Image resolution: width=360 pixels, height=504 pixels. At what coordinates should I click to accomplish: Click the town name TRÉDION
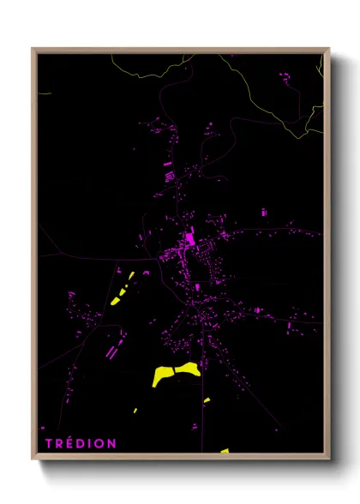click(x=82, y=443)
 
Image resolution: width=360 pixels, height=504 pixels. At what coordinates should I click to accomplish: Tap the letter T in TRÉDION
click(x=51, y=443)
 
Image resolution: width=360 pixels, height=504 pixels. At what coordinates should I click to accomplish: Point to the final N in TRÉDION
click(x=112, y=443)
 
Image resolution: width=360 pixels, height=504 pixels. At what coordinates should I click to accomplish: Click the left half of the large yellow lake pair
click(x=161, y=376)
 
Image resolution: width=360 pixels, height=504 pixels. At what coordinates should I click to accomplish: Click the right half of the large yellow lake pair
click(x=188, y=369)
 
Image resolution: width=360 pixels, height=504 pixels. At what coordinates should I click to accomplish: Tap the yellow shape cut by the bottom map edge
click(x=224, y=450)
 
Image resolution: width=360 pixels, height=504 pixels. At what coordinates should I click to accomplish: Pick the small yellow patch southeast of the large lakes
click(x=207, y=399)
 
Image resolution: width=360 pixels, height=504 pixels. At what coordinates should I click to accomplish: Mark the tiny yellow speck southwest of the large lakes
click(x=135, y=411)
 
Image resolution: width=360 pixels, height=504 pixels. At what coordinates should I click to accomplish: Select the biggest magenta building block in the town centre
click(x=189, y=237)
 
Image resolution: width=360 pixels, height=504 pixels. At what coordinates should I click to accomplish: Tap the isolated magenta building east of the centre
click(x=264, y=212)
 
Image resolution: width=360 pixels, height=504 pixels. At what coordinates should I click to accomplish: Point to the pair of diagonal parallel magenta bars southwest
click(x=110, y=350)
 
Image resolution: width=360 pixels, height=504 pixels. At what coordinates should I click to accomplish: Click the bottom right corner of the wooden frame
click(x=328, y=459)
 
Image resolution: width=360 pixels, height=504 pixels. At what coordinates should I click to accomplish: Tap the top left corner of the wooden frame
click(x=33, y=49)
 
